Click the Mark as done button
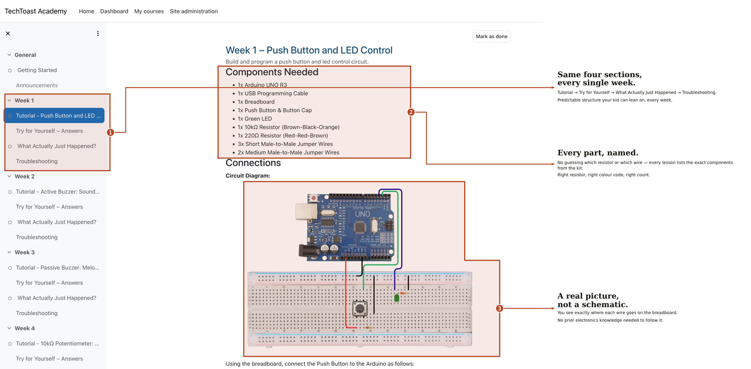pos(491,36)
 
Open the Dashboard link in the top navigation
pos(114,11)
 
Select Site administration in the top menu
pos(194,11)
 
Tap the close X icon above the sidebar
pos(8,33)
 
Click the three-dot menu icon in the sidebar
pos(98,33)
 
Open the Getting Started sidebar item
pos(37,70)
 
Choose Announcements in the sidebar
pos(36,85)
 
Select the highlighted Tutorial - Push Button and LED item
pos(54,116)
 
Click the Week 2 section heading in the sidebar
pos(25,176)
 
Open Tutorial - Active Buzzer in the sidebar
pos(58,191)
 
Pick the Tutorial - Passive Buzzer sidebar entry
pos(57,268)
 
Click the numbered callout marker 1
pos(111,132)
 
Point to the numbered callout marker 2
pos(411,112)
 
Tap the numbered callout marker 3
pos(499,308)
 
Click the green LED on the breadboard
pos(396,298)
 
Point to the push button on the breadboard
pos(360,309)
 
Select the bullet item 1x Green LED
pos(254,119)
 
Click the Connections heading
pos(253,163)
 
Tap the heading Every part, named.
pos(598,153)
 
